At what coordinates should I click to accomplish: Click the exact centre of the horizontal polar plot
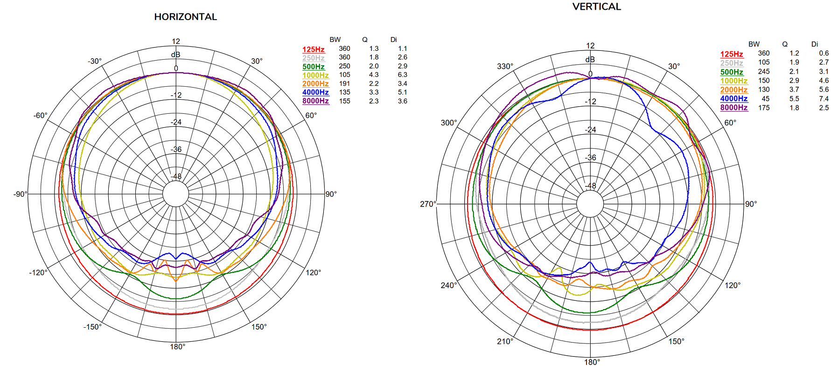(x=176, y=194)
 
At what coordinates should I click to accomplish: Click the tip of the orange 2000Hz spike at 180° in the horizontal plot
(x=176, y=282)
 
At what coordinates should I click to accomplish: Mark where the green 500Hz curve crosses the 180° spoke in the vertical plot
(x=590, y=313)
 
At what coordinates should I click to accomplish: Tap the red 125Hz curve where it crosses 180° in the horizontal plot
(x=176, y=315)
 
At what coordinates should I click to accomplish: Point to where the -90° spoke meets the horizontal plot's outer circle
(x=28, y=194)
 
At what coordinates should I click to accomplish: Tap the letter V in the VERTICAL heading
(x=576, y=7)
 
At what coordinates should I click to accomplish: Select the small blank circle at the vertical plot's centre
(x=590, y=204)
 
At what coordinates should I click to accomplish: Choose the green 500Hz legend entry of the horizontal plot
(x=314, y=67)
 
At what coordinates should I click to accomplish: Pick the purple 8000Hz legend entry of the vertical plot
(x=734, y=108)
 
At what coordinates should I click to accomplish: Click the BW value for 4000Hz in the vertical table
(x=766, y=99)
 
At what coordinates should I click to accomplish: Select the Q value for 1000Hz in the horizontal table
(x=374, y=75)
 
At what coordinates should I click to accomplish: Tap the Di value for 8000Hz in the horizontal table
(x=403, y=101)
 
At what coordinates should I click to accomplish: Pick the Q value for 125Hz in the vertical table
(x=794, y=53)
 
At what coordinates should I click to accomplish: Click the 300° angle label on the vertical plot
(x=449, y=123)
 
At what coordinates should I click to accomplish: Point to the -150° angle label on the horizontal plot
(x=92, y=327)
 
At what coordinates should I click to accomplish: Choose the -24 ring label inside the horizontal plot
(x=176, y=122)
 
